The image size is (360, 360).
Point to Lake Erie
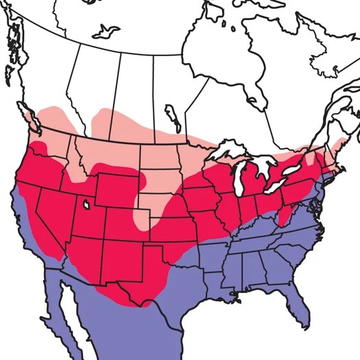277,186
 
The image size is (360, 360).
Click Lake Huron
264,165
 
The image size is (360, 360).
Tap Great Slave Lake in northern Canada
106,30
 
